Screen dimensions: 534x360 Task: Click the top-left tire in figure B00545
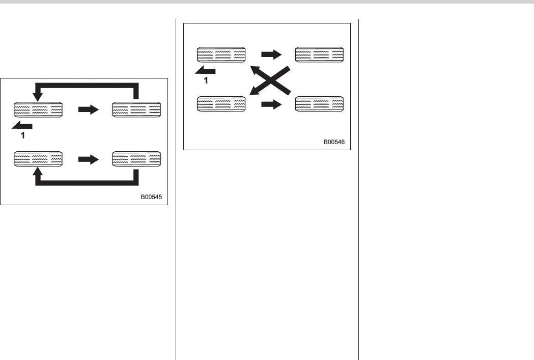[38, 109]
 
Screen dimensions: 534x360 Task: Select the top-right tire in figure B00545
[136, 109]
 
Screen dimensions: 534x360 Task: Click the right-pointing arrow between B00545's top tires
[88, 109]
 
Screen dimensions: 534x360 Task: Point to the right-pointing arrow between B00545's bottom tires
[88, 159]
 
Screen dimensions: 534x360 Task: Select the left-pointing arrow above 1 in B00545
[23, 126]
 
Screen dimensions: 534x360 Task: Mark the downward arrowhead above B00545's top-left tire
[37, 96]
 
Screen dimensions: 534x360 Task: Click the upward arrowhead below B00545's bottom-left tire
[37, 173]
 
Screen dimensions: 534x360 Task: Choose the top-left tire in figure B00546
[221, 54]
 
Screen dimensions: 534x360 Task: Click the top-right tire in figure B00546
[319, 54]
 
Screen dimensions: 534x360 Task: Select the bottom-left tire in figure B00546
[221, 104]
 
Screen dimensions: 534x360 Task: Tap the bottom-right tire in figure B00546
[319, 104]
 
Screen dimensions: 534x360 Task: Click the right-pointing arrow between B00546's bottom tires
[271, 105]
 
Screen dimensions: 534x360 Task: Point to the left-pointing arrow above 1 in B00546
[207, 70]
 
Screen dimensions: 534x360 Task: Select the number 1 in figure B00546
[206, 80]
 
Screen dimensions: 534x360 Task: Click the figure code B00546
[334, 142]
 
